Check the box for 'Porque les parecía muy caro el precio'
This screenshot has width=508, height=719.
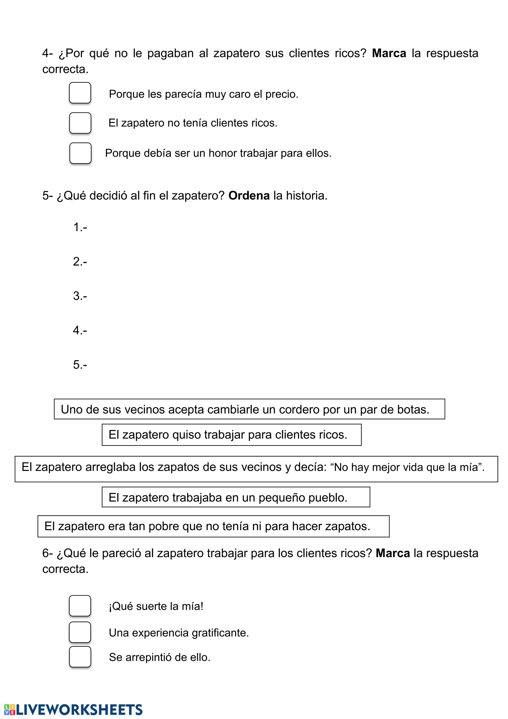point(80,93)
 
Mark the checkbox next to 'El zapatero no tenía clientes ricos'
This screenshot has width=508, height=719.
point(80,123)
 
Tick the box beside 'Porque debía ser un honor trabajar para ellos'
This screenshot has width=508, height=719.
point(80,153)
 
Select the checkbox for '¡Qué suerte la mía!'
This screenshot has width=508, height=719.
point(80,606)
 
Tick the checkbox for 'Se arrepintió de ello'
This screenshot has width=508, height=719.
point(80,657)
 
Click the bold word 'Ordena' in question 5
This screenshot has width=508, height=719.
point(249,195)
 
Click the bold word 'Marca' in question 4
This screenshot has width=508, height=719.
point(389,53)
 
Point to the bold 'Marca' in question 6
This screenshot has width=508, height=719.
point(393,553)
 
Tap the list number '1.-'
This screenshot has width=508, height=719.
point(80,227)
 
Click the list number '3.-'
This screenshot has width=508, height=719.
point(80,296)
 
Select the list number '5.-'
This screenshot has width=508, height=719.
point(80,365)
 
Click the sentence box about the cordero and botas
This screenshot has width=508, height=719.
point(249,409)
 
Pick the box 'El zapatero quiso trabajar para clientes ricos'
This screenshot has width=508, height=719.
point(231,435)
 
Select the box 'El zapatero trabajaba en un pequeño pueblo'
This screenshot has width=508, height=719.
point(236,497)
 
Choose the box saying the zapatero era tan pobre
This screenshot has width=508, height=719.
point(213,526)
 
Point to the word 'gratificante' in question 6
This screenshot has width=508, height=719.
point(220,633)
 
